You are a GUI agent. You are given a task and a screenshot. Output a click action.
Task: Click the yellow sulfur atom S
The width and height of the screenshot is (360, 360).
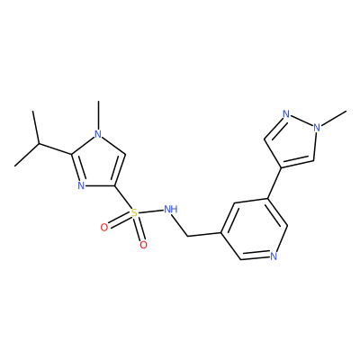tap(134, 213)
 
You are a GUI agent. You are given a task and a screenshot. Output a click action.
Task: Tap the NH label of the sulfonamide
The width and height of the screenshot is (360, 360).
tap(171, 209)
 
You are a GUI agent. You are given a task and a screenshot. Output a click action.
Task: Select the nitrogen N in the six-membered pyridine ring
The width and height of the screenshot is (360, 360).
tap(273, 256)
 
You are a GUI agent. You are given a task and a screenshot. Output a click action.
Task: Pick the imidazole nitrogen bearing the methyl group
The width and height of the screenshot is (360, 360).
tap(98, 134)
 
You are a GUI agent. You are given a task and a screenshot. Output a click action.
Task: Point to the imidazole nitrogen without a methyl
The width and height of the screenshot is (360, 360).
tap(81, 185)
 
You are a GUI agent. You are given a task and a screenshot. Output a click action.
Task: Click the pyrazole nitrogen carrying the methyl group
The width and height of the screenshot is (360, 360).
tap(317, 128)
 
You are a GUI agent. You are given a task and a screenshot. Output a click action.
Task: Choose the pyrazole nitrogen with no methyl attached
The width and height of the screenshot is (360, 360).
tap(286, 114)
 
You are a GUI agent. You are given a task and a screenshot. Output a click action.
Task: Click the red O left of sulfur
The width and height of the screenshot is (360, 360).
tap(104, 228)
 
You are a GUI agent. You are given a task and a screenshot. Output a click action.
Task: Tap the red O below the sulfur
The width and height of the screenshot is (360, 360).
tap(144, 245)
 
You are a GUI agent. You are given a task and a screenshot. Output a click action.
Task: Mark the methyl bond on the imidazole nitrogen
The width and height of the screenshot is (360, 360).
tap(98, 115)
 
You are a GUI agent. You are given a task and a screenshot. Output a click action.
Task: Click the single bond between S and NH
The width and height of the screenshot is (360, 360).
tap(151, 211)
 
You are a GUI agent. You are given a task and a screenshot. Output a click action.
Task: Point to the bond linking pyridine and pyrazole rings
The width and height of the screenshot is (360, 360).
tap(274, 183)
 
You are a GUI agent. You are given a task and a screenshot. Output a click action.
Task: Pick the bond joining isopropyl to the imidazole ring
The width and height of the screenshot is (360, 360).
tap(55, 149)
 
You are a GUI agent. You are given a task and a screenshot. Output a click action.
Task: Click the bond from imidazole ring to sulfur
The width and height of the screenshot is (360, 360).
tap(123, 198)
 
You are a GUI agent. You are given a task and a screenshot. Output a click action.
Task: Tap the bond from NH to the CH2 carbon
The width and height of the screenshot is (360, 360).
tap(182, 225)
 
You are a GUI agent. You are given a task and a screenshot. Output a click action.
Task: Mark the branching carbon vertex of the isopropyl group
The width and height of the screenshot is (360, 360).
tap(39, 144)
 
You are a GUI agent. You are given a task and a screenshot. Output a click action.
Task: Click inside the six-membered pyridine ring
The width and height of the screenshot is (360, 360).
tap(255, 229)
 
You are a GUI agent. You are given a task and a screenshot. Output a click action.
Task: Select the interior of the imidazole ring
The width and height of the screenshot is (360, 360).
tap(97, 165)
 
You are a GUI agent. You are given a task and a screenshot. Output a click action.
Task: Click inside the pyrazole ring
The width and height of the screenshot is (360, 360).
tap(293, 141)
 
